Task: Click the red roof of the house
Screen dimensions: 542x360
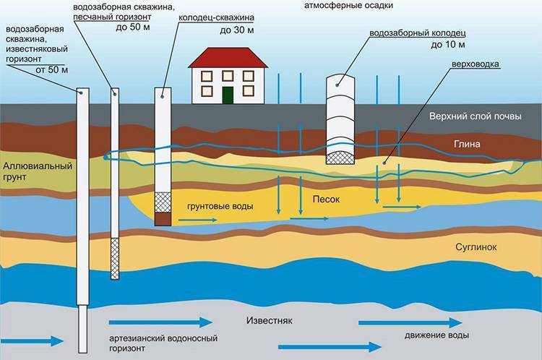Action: (228, 57)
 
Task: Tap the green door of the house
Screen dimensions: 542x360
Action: (228, 95)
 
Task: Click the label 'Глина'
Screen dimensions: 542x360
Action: (467, 144)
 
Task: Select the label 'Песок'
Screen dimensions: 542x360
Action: (326, 200)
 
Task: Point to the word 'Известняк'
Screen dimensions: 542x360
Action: (270, 320)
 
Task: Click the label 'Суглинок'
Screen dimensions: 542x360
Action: (476, 247)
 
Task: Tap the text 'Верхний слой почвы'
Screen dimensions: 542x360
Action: (476, 116)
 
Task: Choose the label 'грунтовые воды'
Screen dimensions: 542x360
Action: (220, 207)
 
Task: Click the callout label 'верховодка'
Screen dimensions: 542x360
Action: (476, 64)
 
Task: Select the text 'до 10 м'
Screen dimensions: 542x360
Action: (448, 45)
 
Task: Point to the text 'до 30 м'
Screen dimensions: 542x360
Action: (237, 30)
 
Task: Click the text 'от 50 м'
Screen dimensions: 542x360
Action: (52, 69)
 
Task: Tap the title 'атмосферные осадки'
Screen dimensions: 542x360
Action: (348, 6)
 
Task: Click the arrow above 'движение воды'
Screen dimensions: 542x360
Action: (410, 323)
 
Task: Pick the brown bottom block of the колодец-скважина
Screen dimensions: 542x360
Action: (163, 219)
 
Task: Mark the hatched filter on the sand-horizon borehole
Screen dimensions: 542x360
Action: (115, 259)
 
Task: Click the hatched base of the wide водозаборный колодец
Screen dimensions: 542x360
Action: (340, 158)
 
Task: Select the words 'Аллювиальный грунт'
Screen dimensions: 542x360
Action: (38, 171)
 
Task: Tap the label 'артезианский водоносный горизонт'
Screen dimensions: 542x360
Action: (163, 343)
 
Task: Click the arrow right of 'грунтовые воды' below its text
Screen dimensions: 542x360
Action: (198, 220)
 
